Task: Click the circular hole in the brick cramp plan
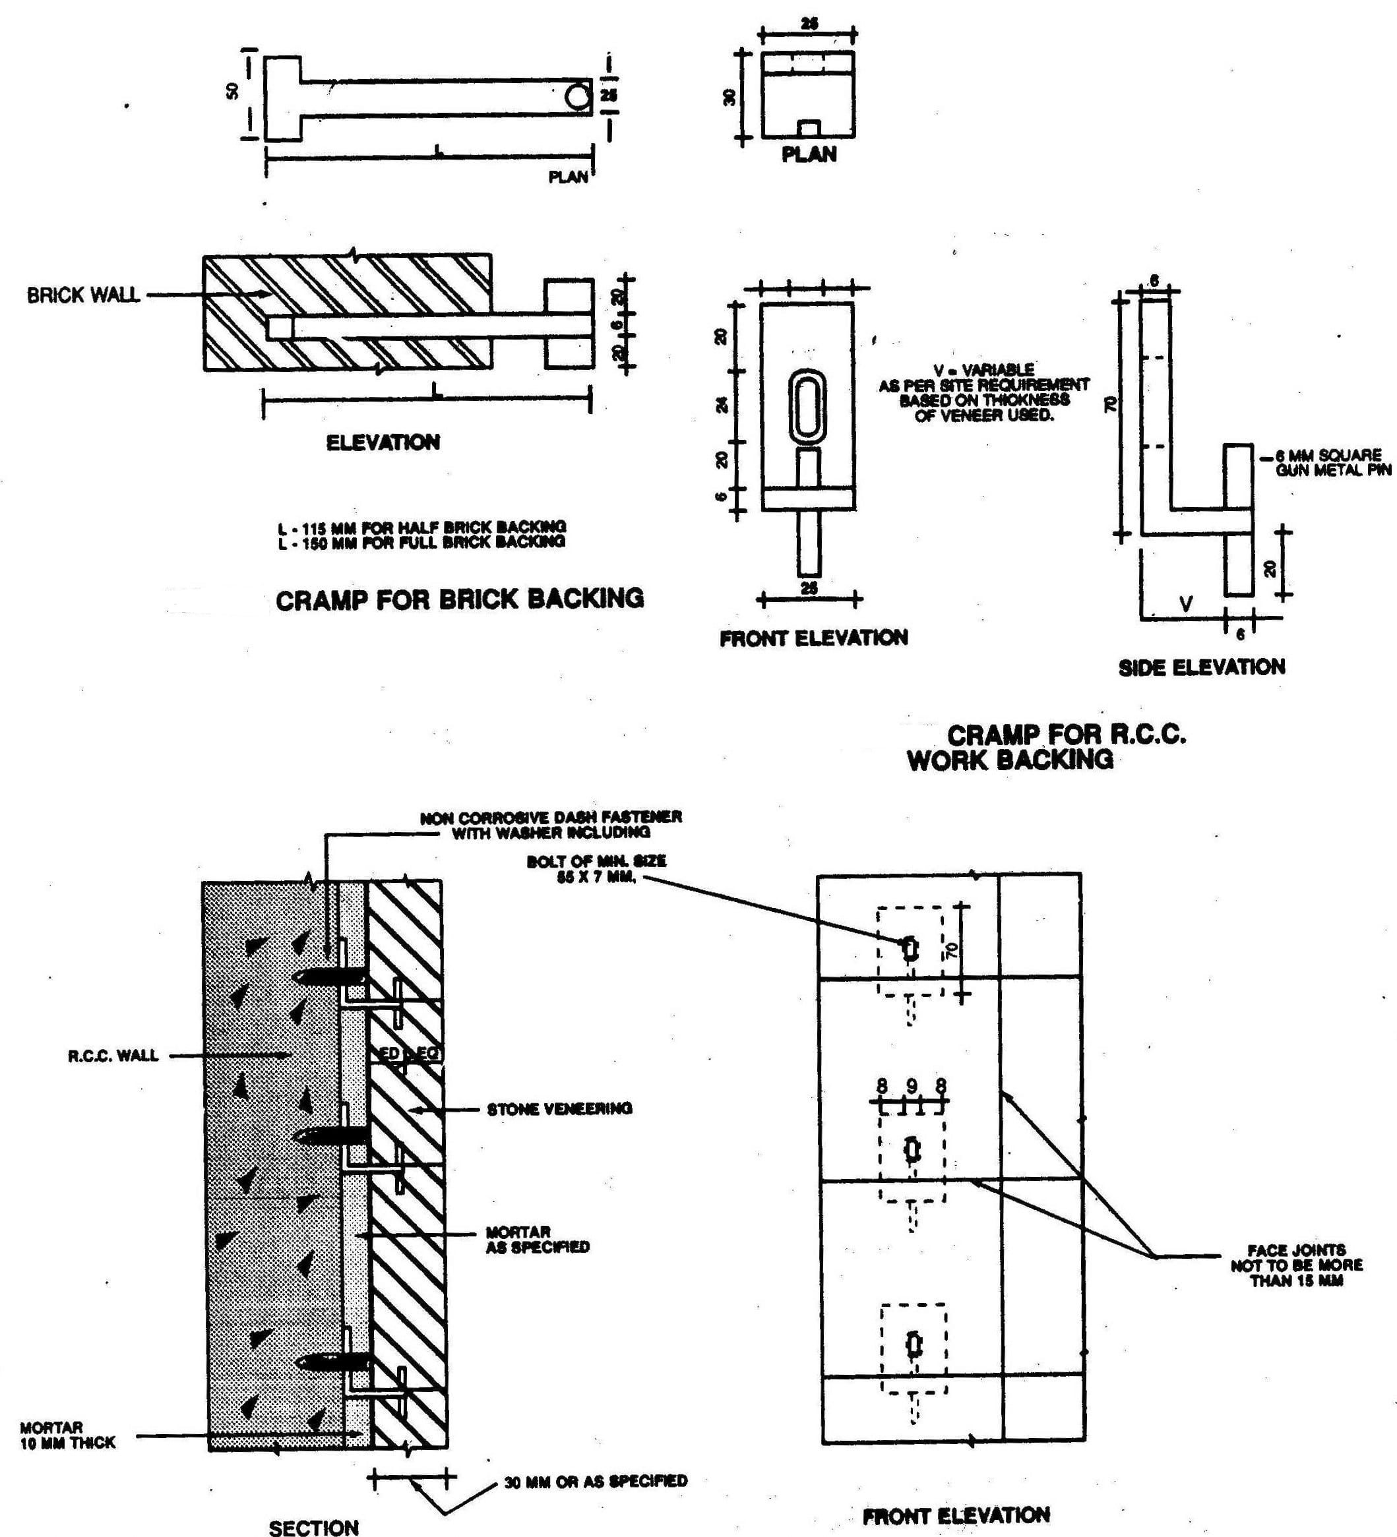577,98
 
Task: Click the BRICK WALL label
83,295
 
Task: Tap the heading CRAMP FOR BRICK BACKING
460,599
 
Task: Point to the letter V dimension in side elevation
1186,604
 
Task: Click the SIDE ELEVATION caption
1201,667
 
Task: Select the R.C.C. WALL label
113,1055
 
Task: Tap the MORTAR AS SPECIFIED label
538,1240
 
